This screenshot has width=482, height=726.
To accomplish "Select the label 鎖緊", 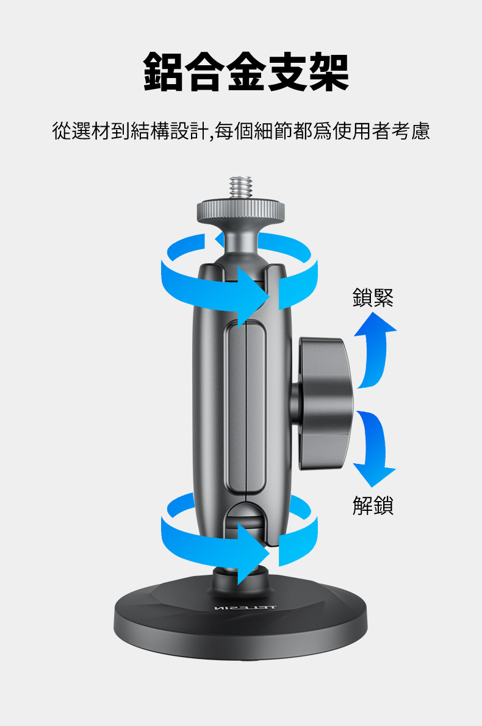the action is [373, 297].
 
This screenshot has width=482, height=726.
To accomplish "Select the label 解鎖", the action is [373, 505].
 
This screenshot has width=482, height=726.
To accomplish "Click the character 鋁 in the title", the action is [163, 73].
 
